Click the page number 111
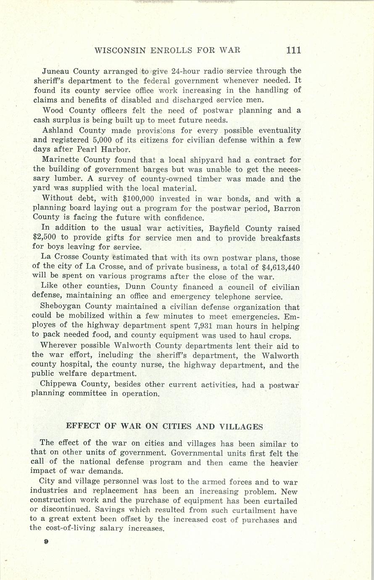(x=293, y=50)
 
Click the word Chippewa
(x=58, y=384)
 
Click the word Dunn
(x=96, y=287)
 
